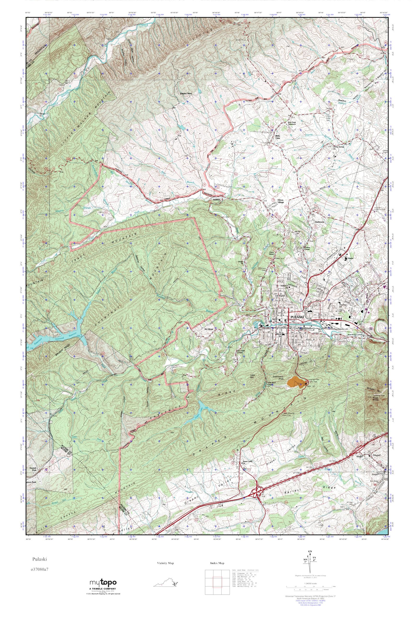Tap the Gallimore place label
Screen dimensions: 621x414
point(319,222)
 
